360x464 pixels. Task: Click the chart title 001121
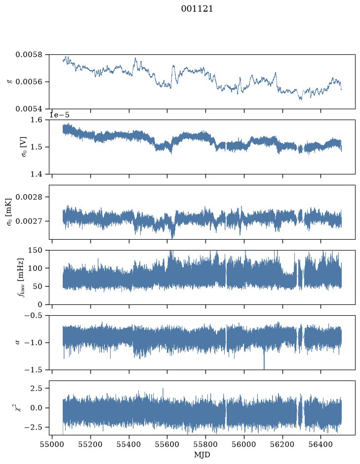pyautogui.click(x=197, y=8)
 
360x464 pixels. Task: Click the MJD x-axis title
pyautogui.click(x=202, y=455)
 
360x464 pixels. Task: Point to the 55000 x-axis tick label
pyautogui.click(x=52, y=445)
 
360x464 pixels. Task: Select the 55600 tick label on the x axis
pyautogui.click(x=167, y=445)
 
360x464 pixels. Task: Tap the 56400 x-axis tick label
pyautogui.click(x=321, y=445)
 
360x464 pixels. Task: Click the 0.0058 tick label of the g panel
pyautogui.click(x=29, y=55)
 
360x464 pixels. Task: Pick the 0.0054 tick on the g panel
pyautogui.click(x=29, y=109)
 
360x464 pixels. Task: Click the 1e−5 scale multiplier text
pyautogui.click(x=59, y=115)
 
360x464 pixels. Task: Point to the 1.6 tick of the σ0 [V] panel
pyautogui.click(x=36, y=120)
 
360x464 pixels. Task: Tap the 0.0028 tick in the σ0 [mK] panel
pyautogui.click(x=29, y=197)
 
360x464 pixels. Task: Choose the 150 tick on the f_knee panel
pyautogui.click(x=35, y=251)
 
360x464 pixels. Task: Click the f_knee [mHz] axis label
pyautogui.click(x=20, y=277)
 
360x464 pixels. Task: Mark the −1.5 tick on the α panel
pyautogui.click(x=33, y=370)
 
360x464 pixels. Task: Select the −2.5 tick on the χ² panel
pyautogui.click(x=33, y=427)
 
